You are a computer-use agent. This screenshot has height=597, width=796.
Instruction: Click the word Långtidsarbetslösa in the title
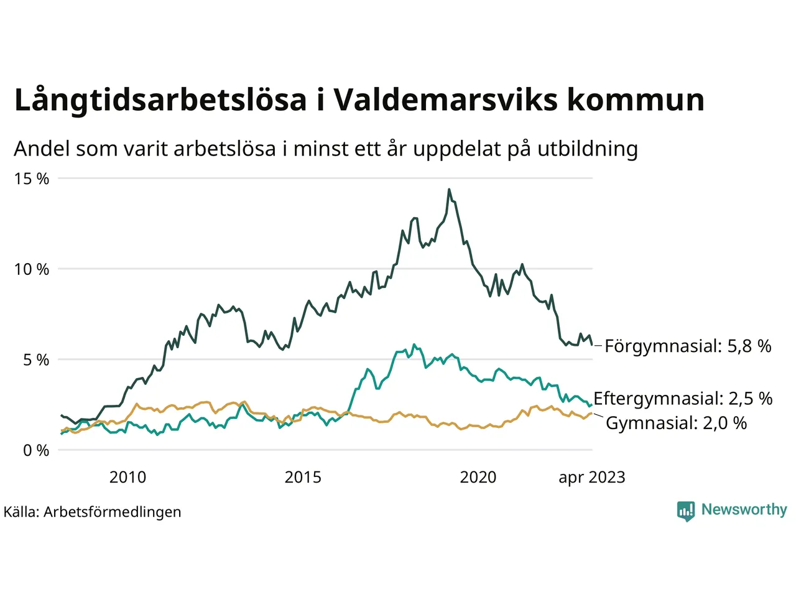160,100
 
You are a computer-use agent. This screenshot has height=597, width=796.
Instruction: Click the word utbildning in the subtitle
588,149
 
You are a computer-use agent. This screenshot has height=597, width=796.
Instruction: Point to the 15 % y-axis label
32,179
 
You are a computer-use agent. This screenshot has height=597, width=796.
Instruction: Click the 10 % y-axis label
32,269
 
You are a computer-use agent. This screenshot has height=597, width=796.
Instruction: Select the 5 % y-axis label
36,360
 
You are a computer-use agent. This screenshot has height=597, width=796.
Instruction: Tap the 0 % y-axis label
36,450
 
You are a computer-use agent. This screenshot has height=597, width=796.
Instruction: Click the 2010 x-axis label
127,477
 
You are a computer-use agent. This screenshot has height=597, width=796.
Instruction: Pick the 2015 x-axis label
303,477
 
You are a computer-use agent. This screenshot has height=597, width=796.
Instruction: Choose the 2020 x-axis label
478,477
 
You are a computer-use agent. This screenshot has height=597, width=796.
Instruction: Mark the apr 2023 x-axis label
591,478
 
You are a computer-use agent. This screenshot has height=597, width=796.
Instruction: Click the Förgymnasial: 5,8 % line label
688,346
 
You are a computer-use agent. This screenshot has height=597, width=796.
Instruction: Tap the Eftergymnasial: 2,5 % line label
683,398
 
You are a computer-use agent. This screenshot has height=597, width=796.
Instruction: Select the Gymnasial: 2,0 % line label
676,423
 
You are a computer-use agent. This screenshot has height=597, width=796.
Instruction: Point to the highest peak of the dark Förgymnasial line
449,190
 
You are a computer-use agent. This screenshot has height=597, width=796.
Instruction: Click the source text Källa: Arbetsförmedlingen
93,512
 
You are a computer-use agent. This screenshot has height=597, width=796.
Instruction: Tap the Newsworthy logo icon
686,511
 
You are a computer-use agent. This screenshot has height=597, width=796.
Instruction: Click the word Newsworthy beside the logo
744,509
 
